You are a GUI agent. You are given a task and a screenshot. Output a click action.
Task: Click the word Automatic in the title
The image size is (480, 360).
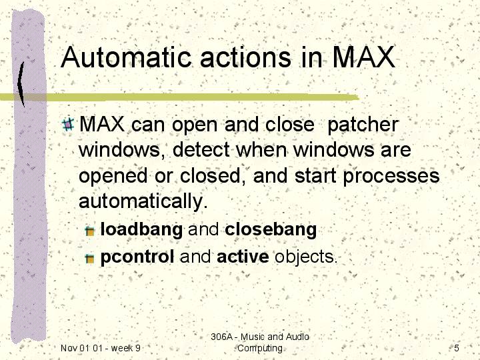coord(126,57)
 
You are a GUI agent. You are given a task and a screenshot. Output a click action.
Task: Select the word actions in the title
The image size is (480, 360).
coord(245,57)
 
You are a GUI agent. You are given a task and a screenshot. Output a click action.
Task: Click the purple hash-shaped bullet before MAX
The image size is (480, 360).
coord(67,124)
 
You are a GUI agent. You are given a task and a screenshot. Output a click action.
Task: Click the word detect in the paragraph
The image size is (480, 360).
coord(201,150)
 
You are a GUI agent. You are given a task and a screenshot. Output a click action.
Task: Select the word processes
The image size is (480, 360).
coord(391,177)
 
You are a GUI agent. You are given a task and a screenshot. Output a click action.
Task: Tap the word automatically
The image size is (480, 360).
coord(143,201)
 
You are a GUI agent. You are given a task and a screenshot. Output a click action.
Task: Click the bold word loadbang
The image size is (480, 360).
coord(141,229)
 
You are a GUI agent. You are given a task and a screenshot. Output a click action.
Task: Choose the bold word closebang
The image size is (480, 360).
coord(271,229)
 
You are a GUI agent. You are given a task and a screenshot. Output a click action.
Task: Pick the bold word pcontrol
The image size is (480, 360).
coord(137,257)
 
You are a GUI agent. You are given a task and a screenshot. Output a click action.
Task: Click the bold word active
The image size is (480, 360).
coord(243,257)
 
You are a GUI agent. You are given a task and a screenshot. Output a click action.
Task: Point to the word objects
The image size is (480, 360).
coord(306,257)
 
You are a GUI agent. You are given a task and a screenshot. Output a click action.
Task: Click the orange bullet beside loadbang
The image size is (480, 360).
coord(90,231)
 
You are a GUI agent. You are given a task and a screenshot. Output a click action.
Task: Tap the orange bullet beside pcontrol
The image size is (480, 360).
coord(90,259)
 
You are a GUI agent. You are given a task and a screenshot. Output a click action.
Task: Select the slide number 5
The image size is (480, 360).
coord(457,348)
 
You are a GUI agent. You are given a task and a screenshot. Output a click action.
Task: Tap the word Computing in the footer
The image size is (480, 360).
coord(260,349)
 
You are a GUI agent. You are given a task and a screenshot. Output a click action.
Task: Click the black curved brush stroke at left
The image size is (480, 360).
coord(21,83)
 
